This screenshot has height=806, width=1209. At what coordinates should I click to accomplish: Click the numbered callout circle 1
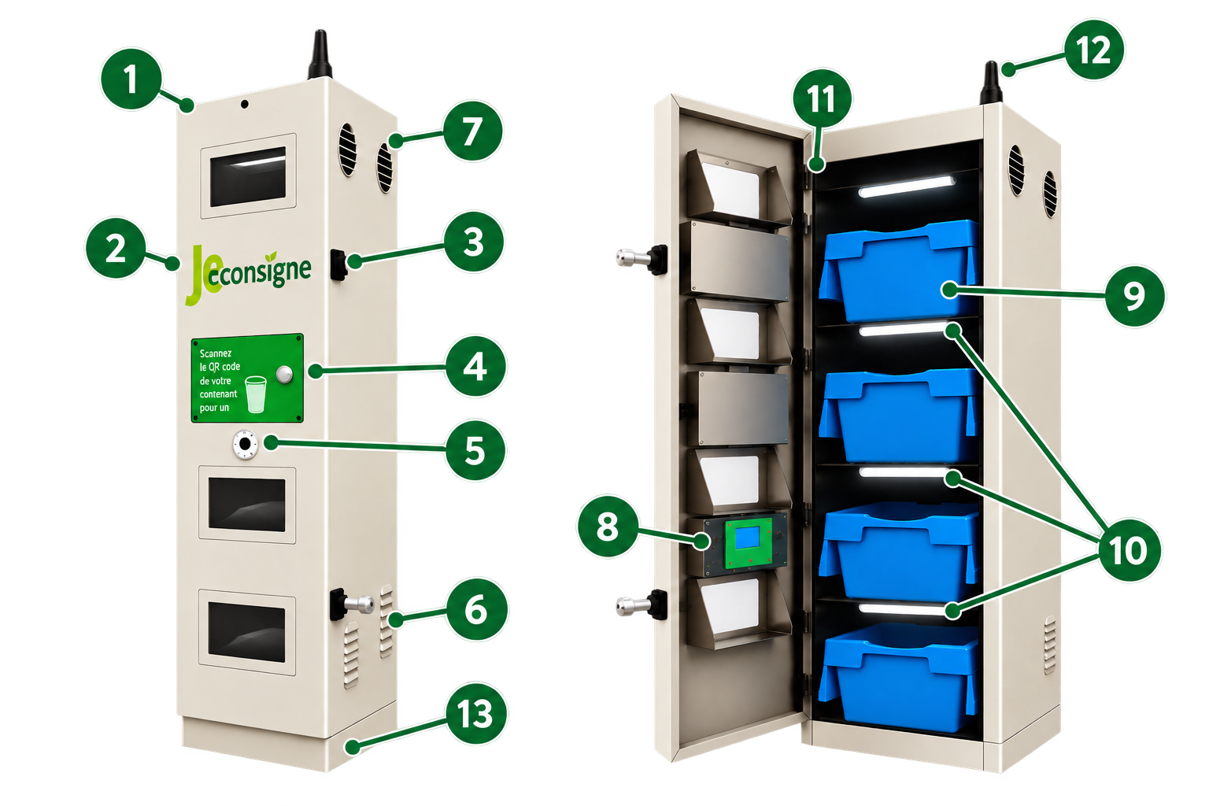[131, 79]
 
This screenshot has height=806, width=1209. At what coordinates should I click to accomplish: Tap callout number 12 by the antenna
[1094, 50]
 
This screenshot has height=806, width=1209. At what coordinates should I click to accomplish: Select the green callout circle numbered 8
[608, 527]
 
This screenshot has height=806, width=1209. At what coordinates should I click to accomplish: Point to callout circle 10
[1129, 551]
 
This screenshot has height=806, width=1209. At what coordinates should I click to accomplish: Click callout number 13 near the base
[476, 714]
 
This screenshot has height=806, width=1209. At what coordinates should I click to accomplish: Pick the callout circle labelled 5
[475, 450]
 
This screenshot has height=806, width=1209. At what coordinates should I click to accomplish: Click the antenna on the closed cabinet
[320, 54]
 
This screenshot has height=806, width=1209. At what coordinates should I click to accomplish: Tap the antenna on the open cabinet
[991, 83]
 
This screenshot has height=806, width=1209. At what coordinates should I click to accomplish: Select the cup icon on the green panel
[255, 394]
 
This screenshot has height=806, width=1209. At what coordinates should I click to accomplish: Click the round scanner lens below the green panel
[246, 445]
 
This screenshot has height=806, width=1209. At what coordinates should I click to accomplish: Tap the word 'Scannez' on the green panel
[216, 353]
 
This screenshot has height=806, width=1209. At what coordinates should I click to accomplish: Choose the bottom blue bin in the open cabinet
[899, 678]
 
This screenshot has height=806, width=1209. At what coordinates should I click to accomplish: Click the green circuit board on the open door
[748, 544]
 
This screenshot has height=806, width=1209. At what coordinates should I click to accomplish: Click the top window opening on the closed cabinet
[248, 176]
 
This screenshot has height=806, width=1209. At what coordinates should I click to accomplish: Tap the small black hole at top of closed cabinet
[245, 104]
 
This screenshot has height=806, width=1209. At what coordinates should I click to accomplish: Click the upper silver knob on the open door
[633, 258]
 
